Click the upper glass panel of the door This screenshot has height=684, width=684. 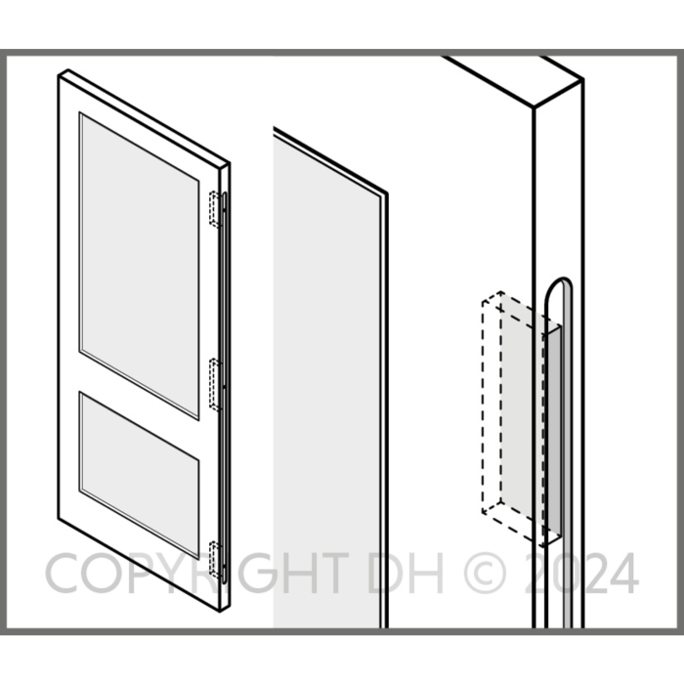pos(140,266)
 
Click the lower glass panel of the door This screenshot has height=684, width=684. pos(140,475)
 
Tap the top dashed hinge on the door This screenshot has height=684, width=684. pos(216,209)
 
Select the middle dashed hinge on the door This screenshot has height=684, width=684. pos(216,384)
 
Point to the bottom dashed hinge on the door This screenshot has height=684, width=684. pos(216,560)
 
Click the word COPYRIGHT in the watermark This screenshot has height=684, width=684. pos(196,573)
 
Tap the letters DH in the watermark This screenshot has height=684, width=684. pos(406,573)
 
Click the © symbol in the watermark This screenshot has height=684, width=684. pos(485,573)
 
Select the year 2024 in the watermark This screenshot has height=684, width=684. pos(581,573)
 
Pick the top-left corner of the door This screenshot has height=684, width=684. pos(59,76)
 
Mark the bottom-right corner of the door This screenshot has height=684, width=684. pos(220,612)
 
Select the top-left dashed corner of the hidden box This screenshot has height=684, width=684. pos(483,301)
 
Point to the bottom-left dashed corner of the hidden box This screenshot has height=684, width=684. pos(483,512)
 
